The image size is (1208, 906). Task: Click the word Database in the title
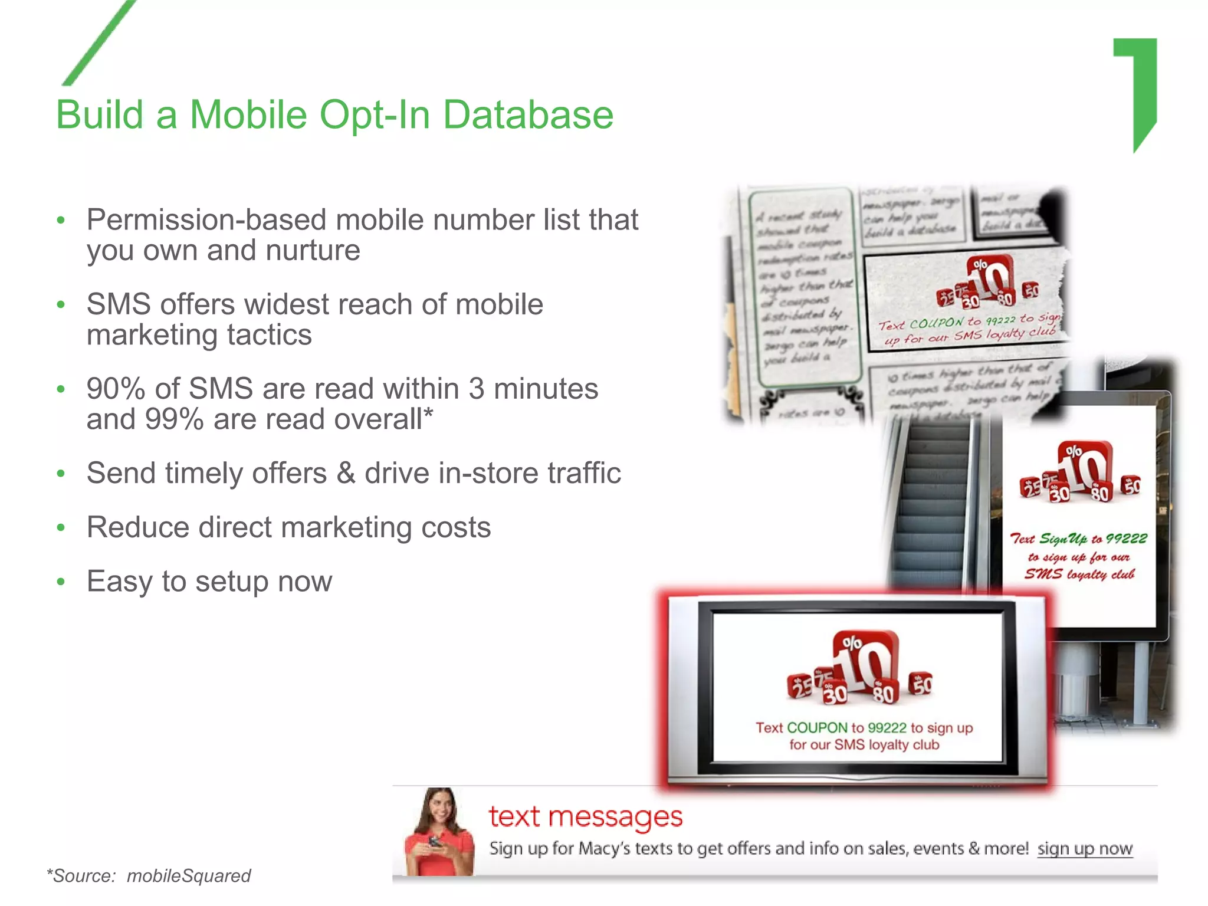(x=528, y=115)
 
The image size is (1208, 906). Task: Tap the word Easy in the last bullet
(x=120, y=582)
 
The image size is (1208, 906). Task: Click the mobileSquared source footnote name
(x=189, y=876)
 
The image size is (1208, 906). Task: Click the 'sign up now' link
(x=1085, y=849)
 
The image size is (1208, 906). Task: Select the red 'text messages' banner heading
(x=586, y=817)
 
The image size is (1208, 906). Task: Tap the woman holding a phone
(x=439, y=832)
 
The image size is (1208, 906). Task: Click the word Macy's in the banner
(x=605, y=849)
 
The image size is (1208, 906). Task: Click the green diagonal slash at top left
(x=99, y=42)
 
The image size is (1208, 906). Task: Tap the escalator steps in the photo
(x=932, y=501)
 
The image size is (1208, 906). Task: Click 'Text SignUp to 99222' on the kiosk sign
(x=1078, y=539)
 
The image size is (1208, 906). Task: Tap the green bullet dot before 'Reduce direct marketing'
(x=61, y=528)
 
